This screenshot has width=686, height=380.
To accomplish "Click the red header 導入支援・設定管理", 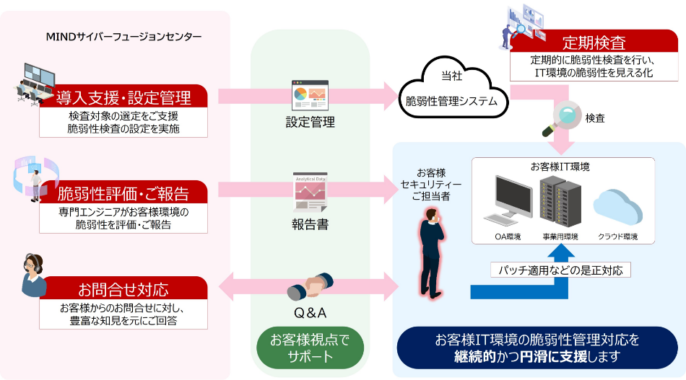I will point(123,97).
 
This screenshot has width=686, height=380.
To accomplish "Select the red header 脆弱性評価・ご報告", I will point(123,193).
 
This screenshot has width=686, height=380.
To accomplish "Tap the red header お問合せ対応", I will point(123,289).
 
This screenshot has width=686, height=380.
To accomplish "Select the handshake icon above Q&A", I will point(310,286).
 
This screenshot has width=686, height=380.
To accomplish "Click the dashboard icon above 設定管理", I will point(310,95).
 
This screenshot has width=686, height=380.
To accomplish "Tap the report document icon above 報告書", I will point(310,191).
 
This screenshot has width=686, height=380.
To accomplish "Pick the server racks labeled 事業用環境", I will point(560,202).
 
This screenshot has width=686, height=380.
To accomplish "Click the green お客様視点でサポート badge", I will point(309,347).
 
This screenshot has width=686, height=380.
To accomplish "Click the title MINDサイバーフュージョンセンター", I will point(123,36).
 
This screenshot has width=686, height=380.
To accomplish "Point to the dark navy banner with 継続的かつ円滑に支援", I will point(537,347).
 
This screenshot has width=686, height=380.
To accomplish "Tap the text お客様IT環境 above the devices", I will point(560,167).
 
